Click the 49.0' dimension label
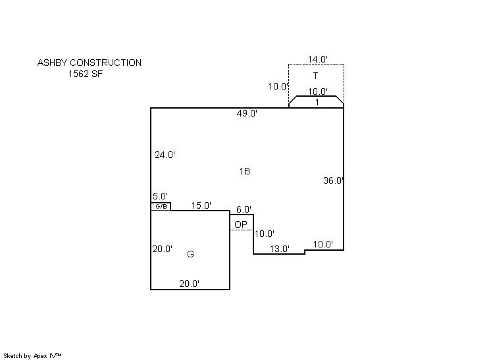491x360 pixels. (247, 113)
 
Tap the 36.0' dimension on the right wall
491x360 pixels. (334, 180)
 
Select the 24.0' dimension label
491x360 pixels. (165, 155)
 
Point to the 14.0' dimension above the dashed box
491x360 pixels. (317, 59)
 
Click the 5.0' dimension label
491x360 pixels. (160, 196)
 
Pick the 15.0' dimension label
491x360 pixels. (201, 205)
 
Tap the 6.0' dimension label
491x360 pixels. (244, 209)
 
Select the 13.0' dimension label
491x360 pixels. (279, 249)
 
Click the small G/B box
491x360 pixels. (161, 206)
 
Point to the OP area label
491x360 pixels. (241, 224)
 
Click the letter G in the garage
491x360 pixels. (190, 254)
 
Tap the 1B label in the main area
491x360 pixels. (245, 171)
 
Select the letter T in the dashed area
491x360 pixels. (316, 76)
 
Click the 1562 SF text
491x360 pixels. (86, 74)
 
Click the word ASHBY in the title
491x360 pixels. (52, 63)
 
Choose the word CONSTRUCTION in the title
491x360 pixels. (105, 63)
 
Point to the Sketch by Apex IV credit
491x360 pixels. (32, 356)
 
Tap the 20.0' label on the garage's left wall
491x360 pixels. (162, 249)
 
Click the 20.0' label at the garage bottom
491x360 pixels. (189, 284)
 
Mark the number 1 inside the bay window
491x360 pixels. (317, 102)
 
